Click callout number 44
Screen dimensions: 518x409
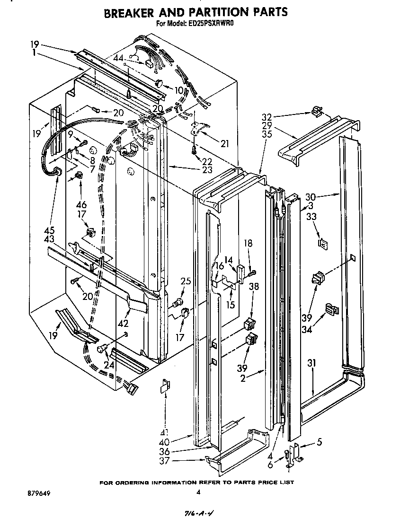[118, 58]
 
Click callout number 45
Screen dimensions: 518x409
[49, 230]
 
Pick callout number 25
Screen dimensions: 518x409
[186, 281]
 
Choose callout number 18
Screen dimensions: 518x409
[248, 243]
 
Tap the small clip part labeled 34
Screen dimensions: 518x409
[332, 310]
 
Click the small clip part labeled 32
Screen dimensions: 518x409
[317, 113]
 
